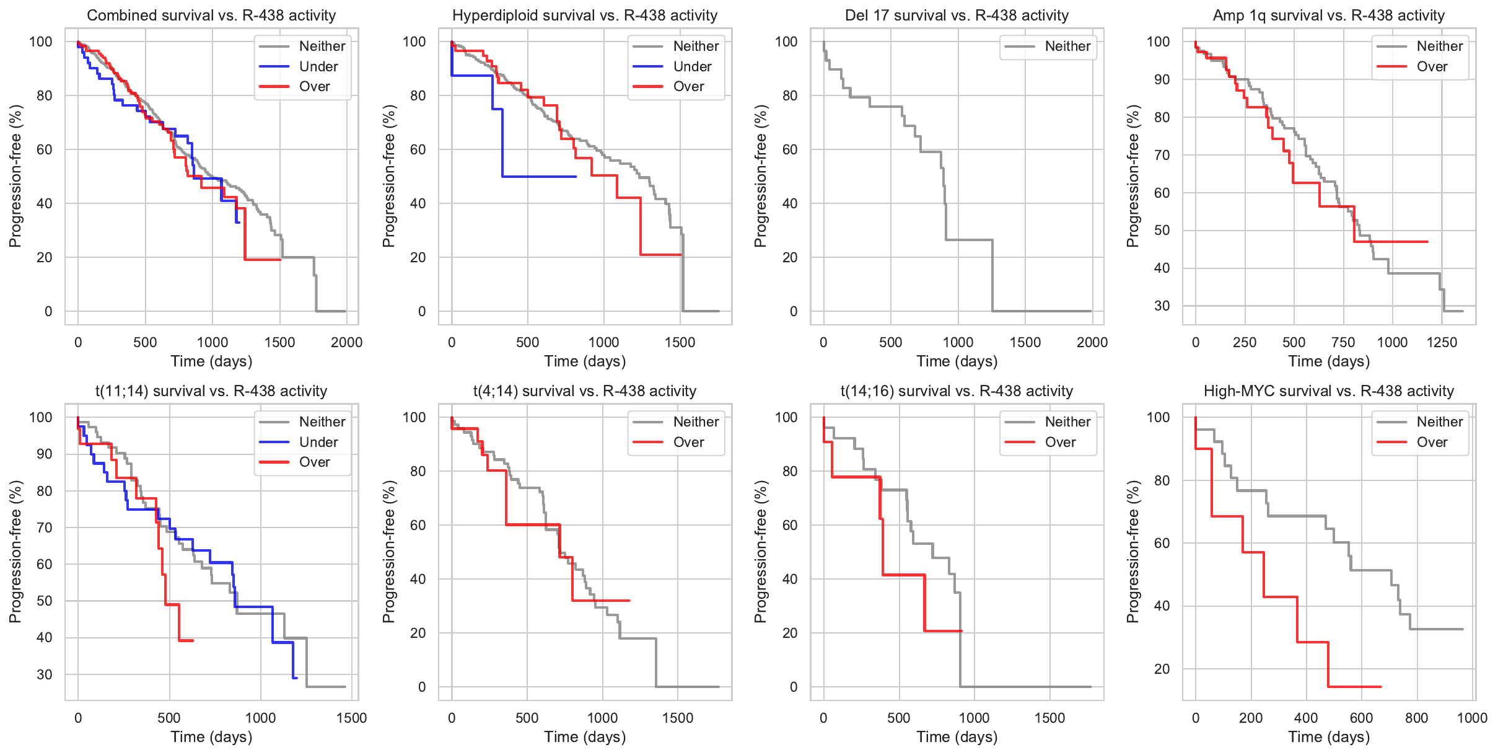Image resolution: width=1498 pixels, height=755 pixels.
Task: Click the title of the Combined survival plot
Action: pos(211,15)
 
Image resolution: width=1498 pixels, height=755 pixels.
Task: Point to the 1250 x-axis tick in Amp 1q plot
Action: pos(1442,342)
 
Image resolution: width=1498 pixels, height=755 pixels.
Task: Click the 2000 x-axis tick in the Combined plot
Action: pos(346,342)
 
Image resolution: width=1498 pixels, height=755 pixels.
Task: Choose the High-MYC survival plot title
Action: pos(1328,391)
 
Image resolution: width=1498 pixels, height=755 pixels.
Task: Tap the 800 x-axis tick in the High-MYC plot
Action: pos(1416,718)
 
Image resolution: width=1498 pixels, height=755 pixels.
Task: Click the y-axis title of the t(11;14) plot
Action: pos(15,551)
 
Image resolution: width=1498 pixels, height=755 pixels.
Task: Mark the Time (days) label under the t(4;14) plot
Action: pos(585,737)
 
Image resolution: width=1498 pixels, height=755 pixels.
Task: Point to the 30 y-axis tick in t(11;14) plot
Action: pos(45,674)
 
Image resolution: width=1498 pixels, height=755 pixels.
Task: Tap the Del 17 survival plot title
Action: pos(957,15)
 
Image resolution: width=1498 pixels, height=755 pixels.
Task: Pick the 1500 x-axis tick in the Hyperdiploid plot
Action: pos(680,342)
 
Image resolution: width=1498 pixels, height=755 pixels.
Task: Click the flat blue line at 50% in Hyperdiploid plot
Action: pos(539,177)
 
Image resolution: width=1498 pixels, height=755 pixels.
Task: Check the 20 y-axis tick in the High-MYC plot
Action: pos(1162,669)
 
